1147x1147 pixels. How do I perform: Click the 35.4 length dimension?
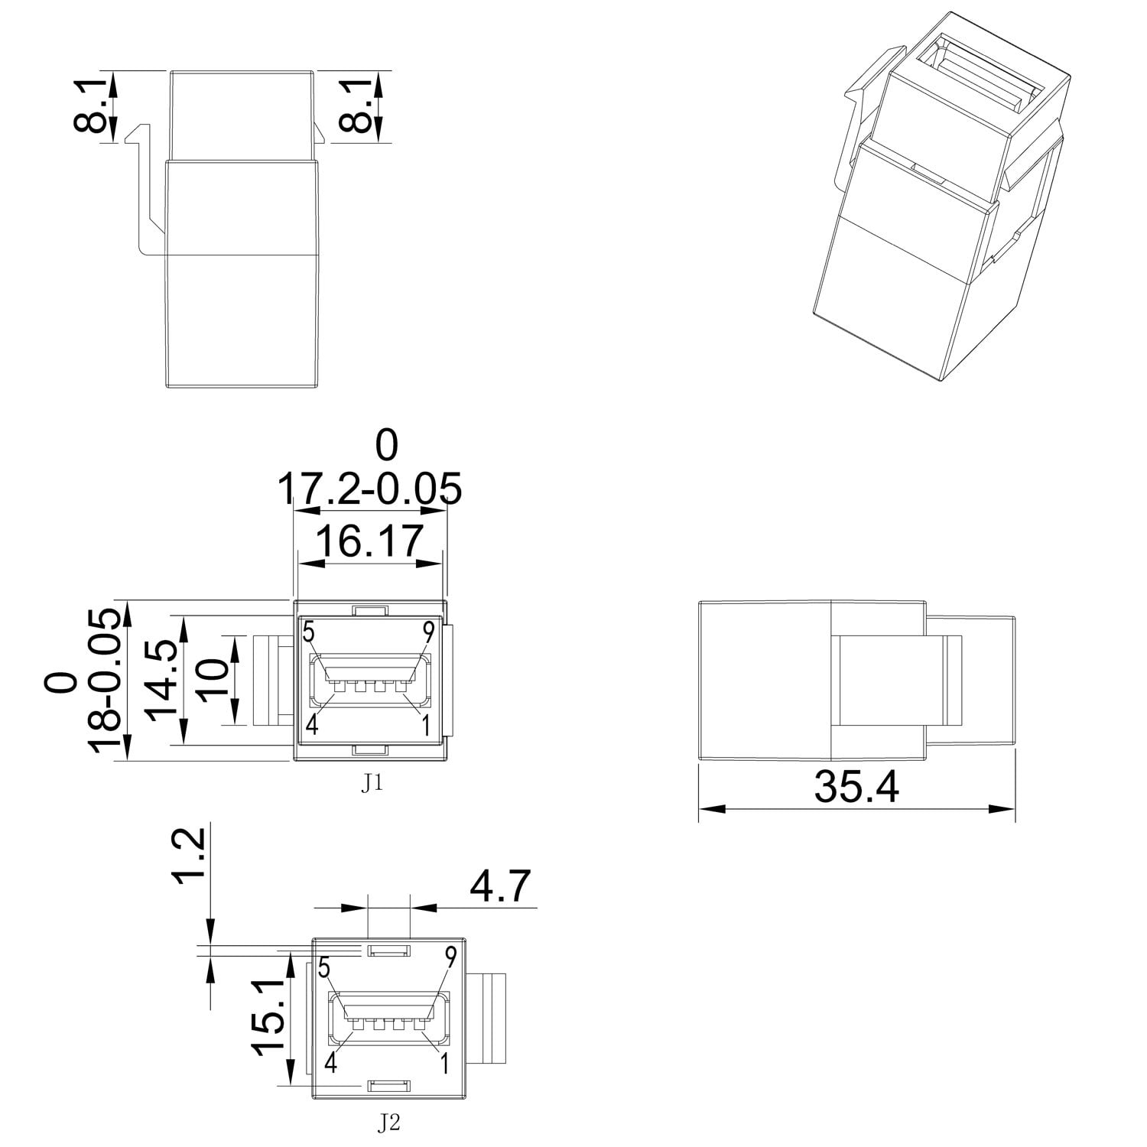pos(856,787)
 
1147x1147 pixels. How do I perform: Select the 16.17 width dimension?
pos(369,541)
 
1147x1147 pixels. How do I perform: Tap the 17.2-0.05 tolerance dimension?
pos(369,489)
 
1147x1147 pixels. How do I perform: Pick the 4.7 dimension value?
pos(500,887)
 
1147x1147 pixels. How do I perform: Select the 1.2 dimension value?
pos(188,855)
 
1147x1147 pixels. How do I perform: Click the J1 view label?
pos(371,785)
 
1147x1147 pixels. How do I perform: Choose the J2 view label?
pos(390,1123)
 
